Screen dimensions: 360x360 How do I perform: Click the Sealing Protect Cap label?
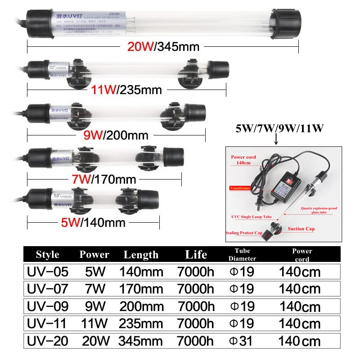244,233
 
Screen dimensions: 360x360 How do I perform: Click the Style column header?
48,254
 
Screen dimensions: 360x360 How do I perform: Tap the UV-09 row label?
47,306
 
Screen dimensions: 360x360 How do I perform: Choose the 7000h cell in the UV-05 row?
196,272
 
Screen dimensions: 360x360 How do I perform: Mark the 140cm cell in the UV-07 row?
300,289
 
